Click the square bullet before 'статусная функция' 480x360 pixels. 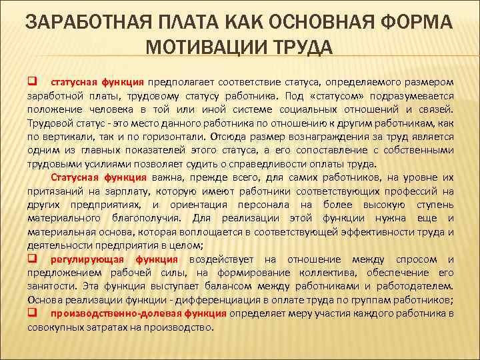31,81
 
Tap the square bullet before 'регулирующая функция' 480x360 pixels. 31,259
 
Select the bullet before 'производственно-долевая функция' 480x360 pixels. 31,313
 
